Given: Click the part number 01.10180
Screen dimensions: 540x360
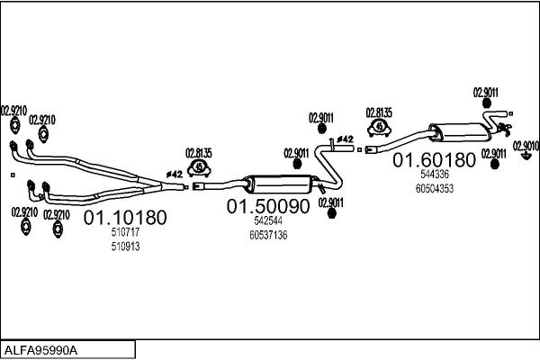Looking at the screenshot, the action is tap(125, 218).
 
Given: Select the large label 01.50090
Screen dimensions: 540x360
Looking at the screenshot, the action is tap(268, 206).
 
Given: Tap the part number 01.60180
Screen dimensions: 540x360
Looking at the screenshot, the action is tap(434, 160).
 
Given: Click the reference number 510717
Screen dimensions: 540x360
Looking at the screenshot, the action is tap(125, 232).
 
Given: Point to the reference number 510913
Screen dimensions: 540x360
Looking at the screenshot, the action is tap(125, 247).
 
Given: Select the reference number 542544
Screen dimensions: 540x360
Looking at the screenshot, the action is tap(268, 220).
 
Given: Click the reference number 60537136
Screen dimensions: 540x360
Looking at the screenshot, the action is tap(268, 235).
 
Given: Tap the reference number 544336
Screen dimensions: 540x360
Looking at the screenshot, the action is tap(435, 175).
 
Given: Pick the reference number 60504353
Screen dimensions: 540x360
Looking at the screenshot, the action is tap(435, 189).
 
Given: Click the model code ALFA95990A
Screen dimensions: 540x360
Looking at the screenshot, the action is tap(41, 350).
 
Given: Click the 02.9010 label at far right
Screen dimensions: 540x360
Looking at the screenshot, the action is tap(526, 146).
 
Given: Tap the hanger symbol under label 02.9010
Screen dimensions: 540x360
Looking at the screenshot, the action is tap(526, 157).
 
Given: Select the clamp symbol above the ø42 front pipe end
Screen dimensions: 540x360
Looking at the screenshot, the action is tap(199, 167).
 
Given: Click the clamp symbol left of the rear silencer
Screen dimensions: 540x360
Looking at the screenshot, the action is tap(379, 128).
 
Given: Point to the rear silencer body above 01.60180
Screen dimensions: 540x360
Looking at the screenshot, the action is tap(460, 132).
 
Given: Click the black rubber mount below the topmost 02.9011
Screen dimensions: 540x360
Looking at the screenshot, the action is tap(487, 103).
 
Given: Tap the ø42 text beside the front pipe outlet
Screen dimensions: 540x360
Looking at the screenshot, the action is tap(175, 175).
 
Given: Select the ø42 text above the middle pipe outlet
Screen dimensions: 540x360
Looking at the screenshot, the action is tap(345, 139).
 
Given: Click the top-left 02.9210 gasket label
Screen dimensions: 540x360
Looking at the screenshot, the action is tap(14, 111).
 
